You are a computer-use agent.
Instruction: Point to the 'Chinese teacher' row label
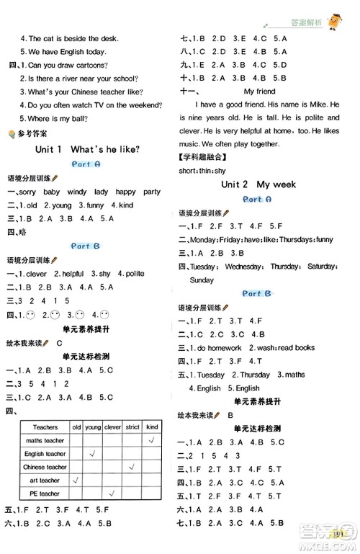pyautogui.click(x=45, y=467)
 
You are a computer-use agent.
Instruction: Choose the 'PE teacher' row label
pyautogui.click(x=45, y=493)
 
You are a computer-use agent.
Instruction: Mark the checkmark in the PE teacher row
pyautogui.click(x=112, y=493)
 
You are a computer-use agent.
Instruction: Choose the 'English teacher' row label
pyautogui.click(x=45, y=454)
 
